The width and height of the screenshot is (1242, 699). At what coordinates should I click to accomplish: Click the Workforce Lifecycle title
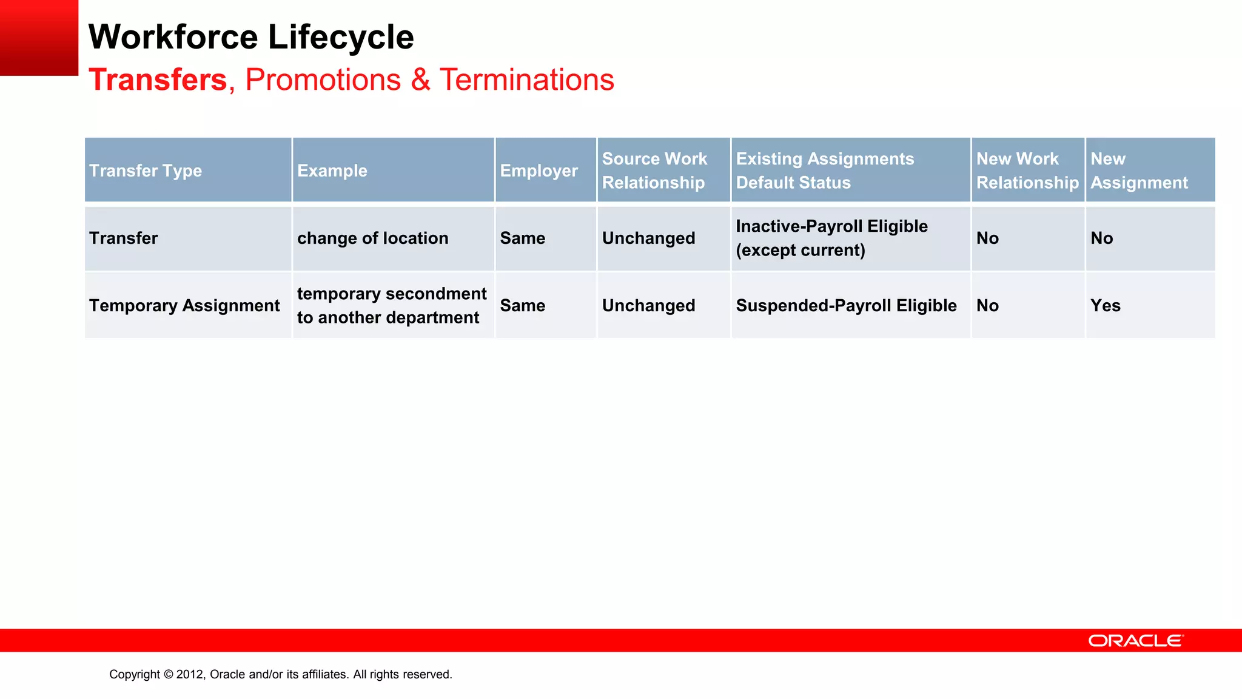[251, 38]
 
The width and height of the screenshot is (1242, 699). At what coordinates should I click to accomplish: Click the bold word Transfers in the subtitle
[158, 80]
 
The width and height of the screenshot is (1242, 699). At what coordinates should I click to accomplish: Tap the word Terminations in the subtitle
[526, 80]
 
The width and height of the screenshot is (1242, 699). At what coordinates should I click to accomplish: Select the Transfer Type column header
[146, 171]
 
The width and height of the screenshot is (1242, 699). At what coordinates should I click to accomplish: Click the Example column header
[332, 171]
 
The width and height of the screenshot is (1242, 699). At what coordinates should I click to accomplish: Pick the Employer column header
[539, 171]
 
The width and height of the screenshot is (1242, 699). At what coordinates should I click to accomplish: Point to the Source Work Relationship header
[654, 171]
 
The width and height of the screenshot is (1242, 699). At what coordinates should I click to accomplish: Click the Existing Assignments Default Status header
[825, 171]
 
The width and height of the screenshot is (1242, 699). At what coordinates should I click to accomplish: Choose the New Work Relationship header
[1027, 171]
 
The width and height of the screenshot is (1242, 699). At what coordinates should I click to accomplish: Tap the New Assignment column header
[1139, 171]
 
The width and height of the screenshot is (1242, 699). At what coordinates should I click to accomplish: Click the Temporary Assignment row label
[184, 305]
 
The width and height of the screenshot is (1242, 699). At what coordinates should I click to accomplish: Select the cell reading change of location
[372, 238]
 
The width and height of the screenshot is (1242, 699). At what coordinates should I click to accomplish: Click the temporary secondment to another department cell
[391, 305]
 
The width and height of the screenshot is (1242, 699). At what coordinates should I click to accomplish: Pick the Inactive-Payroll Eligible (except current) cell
[831, 238]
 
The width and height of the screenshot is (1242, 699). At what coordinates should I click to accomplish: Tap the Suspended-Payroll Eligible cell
[846, 305]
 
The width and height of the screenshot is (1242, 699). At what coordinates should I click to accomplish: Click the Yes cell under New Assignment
[1105, 305]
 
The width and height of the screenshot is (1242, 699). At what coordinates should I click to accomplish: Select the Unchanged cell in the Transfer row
[648, 238]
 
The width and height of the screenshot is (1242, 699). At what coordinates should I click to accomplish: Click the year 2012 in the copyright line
[190, 674]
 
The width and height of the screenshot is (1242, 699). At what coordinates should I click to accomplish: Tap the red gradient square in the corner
[39, 38]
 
